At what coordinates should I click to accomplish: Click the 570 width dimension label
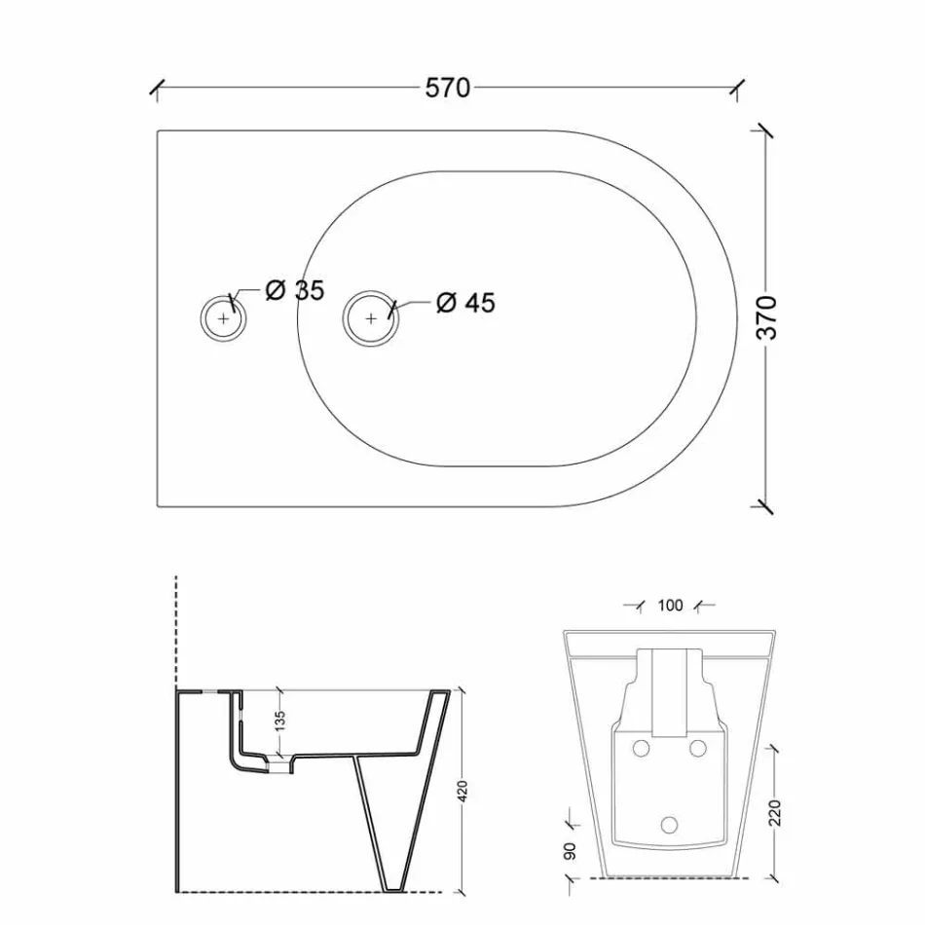tap(448, 88)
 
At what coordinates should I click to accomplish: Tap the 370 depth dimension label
tap(769, 316)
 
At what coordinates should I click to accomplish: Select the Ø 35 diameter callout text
tap(295, 290)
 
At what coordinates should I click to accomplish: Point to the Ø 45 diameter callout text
tap(465, 303)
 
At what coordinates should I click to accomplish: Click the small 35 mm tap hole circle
tap(224, 317)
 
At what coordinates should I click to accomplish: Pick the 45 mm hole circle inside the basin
tap(371, 317)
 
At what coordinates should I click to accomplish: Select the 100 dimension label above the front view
tap(670, 606)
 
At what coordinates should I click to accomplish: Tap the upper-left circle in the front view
tap(641, 748)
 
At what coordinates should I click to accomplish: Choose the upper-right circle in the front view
tap(697, 748)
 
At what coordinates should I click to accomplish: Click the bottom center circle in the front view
tap(669, 824)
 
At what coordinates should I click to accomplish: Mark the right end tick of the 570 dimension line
tap(740, 88)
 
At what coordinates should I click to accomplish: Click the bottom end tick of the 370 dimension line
tap(765, 506)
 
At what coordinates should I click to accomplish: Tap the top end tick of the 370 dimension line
tap(765, 130)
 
